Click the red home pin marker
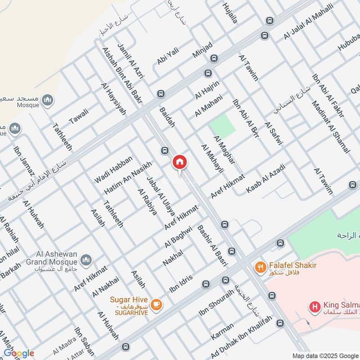pos(179,162)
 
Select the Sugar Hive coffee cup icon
pos(157,305)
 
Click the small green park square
pos(223,126)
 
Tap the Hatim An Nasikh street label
pos(128,177)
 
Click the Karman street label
pos(222,332)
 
